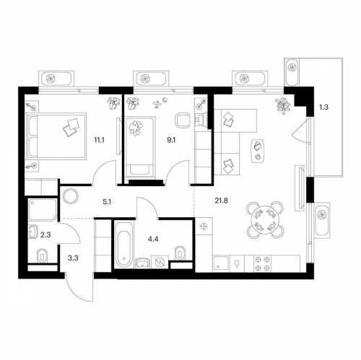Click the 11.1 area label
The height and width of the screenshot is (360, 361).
[x=99, y=140]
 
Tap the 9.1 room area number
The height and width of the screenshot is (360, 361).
[x=171, y=140]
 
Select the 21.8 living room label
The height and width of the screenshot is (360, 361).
[x=221, y=201]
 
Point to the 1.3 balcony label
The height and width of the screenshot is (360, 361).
[x=323, y=107]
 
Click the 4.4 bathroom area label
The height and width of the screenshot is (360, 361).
[x=153, y=239]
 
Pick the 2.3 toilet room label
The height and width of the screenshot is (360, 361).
[x=45, y=234]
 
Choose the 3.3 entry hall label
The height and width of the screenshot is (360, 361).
[x=73, y=258]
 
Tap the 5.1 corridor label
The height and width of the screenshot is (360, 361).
[x=107, y=202]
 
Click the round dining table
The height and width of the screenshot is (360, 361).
[x=265, y=219]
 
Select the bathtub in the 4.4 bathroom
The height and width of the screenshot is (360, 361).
[x=123, y=245]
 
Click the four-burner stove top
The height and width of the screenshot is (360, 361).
[x=263, y=264]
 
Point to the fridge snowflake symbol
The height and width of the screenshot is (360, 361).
[x=204, y=227]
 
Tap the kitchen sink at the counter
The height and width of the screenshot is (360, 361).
[x=221, y=264]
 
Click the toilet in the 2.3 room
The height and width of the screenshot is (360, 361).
[x=43, y=255]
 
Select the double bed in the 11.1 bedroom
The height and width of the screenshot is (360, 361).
[x=57, y=136]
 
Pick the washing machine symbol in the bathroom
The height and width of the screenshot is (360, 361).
[x=160, y=262]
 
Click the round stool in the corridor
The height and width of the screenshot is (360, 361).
[x=71, y=196]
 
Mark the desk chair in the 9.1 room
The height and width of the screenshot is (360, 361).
[x=183, y=120]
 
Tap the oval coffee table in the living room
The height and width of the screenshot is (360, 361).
[x=258, y=152]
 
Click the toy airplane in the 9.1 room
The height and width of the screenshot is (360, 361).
[x=157, y=105]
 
